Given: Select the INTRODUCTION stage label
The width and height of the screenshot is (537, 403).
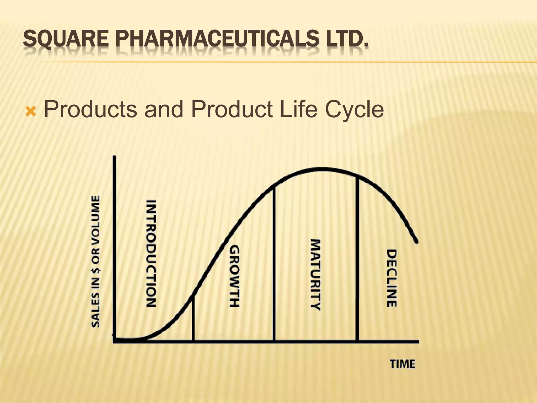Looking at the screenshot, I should pos(151,253).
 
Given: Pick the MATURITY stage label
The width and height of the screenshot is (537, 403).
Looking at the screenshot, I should pos(316,274).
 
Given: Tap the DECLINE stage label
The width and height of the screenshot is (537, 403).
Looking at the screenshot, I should pos(392,278).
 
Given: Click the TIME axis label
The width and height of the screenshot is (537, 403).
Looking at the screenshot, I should pos(402,364).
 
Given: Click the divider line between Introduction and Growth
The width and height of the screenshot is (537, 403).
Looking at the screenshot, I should pos(193,319).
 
